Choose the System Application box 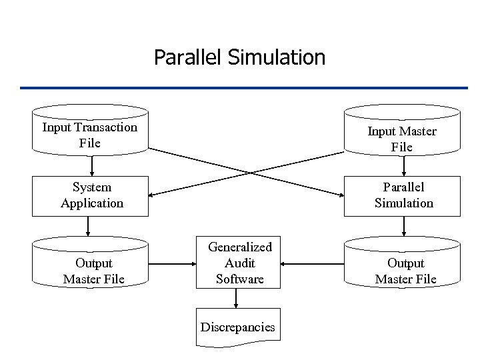(x=91, y=195)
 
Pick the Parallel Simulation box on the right (x=403, y=195)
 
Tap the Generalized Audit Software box (x=239, y=263)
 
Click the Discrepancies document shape (x=238, y=327)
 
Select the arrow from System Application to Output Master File (x=87, y=227)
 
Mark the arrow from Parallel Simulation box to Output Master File (x=403, y=227)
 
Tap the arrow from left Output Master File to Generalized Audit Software (x=172, y=264)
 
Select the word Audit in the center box (x=239, y=263)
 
